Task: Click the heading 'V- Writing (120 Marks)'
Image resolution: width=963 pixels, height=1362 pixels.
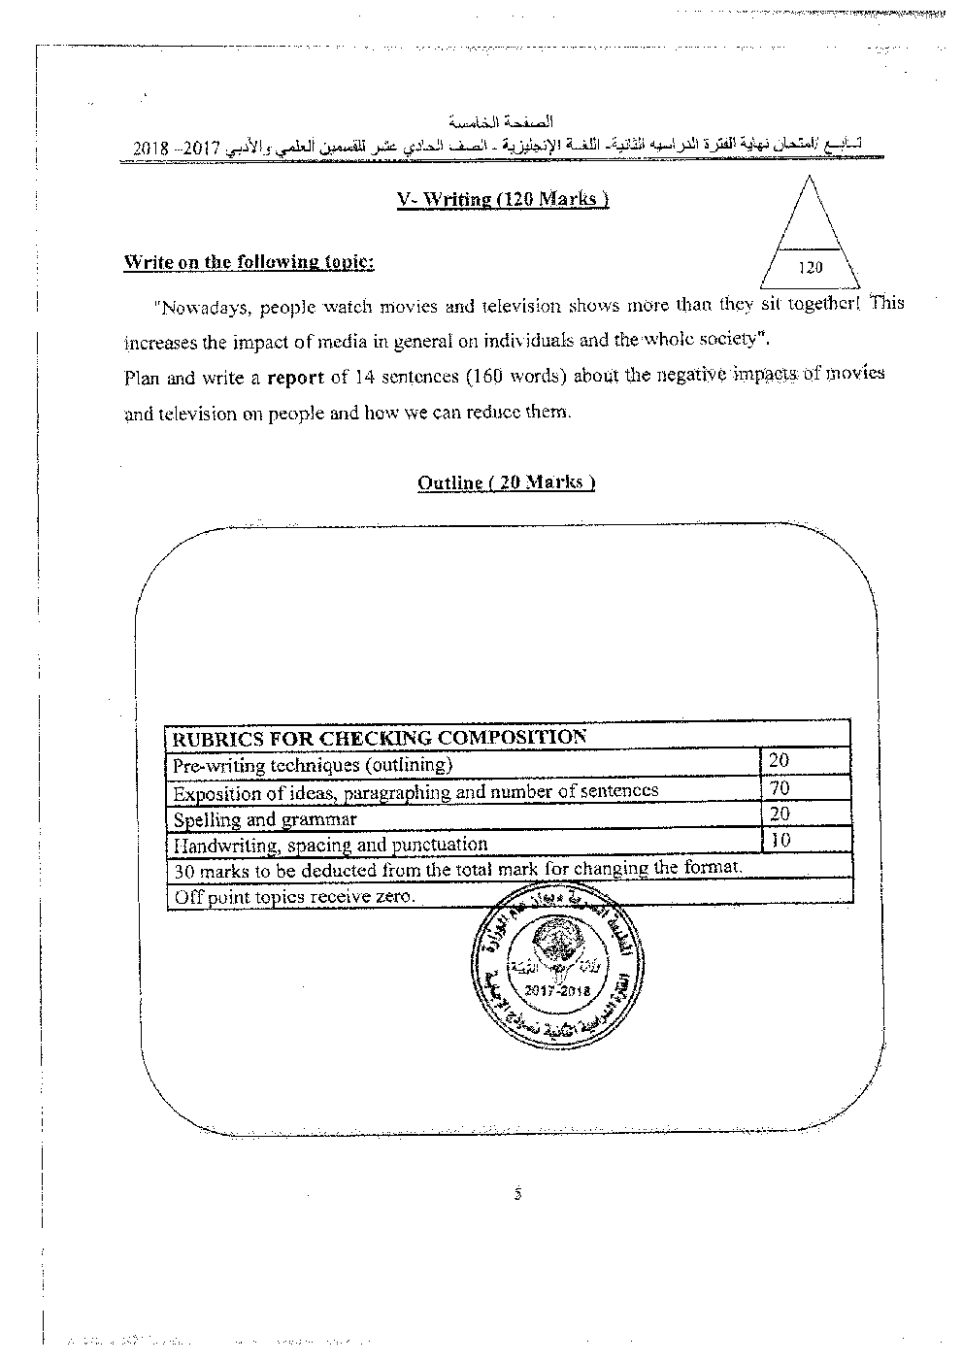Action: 503,199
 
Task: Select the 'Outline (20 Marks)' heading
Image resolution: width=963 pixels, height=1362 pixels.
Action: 506,482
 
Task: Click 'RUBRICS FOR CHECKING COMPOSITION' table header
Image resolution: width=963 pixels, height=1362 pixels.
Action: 379,737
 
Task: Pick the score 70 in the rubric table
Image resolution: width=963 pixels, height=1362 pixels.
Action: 779,787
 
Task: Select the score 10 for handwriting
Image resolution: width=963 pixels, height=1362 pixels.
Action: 780,841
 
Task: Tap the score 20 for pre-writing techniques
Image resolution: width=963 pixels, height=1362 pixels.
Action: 779,761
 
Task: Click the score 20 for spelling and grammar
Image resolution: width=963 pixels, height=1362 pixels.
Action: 779,814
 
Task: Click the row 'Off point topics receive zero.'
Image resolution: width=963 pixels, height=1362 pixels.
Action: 294,897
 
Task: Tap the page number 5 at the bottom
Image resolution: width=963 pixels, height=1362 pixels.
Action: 518,1194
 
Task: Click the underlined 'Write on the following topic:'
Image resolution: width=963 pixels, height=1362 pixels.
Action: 249,262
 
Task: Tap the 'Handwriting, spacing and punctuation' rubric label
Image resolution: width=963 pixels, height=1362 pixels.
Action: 330,845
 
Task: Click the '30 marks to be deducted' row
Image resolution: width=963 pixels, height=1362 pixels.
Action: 457,869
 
